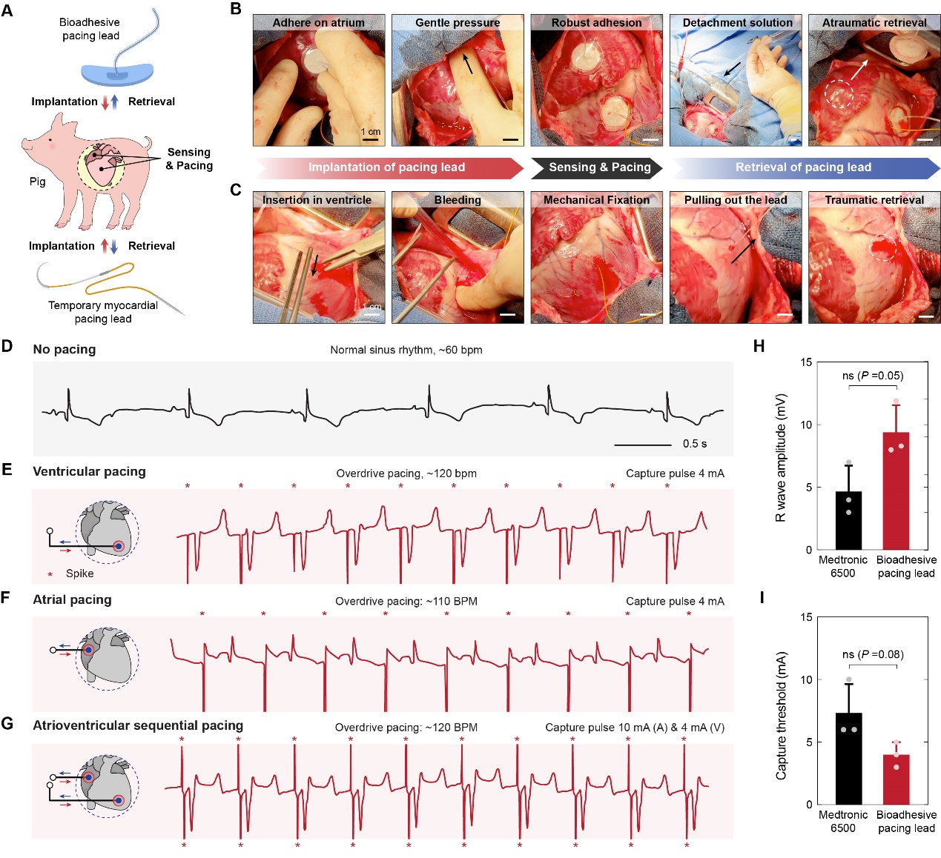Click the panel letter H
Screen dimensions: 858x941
click(x=758, y=346)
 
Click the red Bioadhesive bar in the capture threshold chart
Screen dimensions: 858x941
click(x=896, y=779)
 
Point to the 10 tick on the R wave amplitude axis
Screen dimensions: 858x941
click(x=806, y=425)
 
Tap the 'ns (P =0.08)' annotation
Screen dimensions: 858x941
click(x=873, y=654)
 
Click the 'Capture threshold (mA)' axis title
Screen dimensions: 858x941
click(x=781, y=716)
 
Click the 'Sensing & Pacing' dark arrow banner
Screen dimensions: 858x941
click(x=599, y=167)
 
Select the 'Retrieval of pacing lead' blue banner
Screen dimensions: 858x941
click(x=803, y=167)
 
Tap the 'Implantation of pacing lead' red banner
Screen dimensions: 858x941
click(x=386, y=167)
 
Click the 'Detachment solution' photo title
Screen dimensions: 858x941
click(x=737, y=23)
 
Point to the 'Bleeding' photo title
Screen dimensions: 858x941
click(x=458, y=200)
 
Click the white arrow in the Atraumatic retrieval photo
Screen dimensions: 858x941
click(x=858, y=70)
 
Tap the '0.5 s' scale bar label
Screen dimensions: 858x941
click(x=694, y=444)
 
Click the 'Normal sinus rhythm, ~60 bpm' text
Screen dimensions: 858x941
click(x=406, y=350)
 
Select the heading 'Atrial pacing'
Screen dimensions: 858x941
click(x=72, y=599)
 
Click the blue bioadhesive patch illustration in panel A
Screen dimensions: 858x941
click(x=117, y=75)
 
